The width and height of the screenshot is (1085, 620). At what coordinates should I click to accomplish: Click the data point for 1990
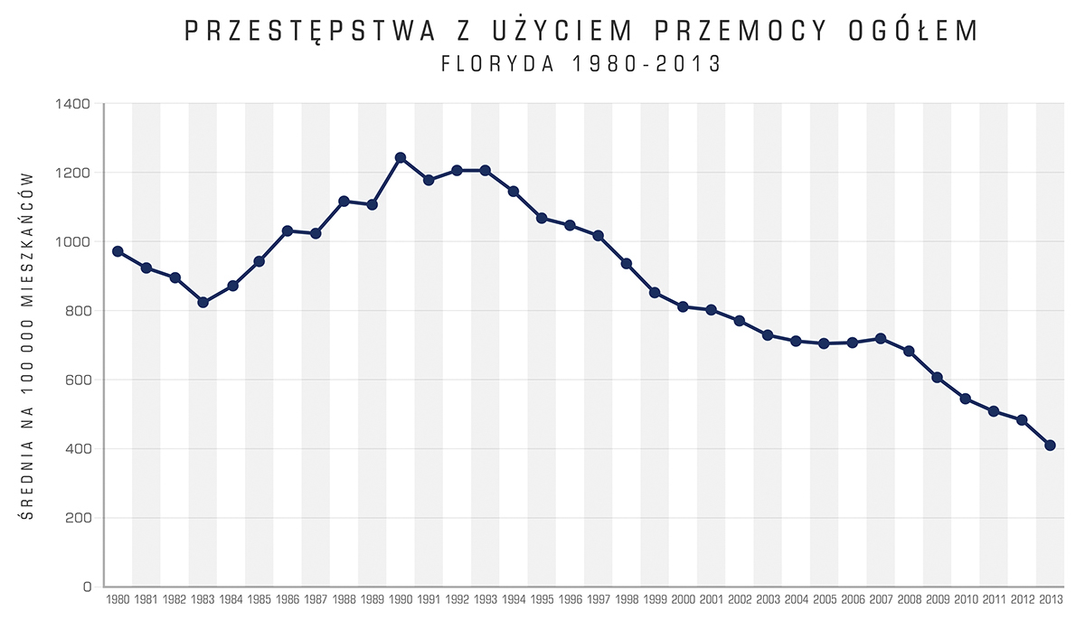(x=401, y=158)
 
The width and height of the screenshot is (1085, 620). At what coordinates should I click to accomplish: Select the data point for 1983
(x=203, y=302)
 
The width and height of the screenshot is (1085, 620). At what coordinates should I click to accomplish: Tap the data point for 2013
(x=1050, y=445)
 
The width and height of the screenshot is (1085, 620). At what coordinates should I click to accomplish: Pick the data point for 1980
(x=118, y=251)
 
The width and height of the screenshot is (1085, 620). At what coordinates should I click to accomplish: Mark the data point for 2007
(x=881, y=338)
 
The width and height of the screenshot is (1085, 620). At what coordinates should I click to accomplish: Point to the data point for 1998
(x=627, y=264)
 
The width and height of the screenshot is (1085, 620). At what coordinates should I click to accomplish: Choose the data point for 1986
(x=288, y=231)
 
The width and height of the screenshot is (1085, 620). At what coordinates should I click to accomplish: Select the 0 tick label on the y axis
(x=87, y=587)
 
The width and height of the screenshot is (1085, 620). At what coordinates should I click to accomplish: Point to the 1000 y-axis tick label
(x=75, y=242)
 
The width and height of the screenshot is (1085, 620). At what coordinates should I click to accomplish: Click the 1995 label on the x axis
(x=542, y=599)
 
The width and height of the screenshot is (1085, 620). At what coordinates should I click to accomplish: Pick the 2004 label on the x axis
(x=796, y=599)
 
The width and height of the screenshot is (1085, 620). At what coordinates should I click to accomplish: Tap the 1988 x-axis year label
(x=344, y=599)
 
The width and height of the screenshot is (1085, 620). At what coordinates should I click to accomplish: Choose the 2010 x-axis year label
(x=966, y=599)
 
